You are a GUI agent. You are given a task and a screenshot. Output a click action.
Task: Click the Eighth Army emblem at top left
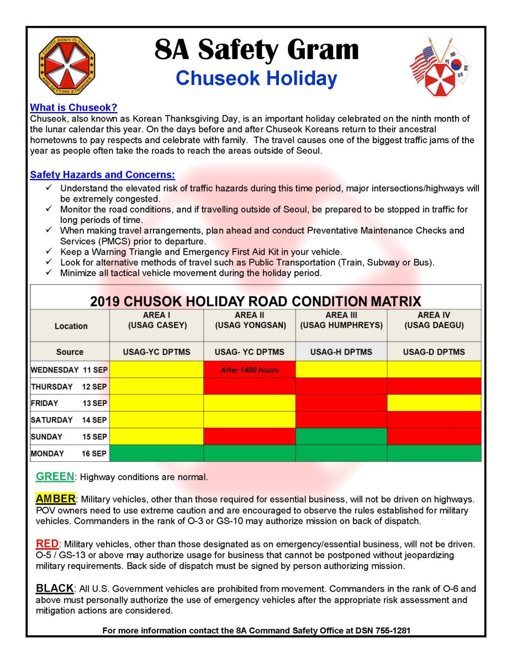[x=66, y=66]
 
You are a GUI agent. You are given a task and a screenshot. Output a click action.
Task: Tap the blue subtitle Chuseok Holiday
[x=256, y=78]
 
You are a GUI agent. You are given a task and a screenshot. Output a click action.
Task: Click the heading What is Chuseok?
[x=73, y=108]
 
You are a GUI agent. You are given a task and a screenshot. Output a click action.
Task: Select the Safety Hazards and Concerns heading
[x=102, y=175]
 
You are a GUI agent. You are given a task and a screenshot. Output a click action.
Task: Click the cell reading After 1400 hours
[x=250, y=370]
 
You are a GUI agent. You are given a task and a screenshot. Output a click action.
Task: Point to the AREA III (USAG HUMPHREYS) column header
[x=341, y=320]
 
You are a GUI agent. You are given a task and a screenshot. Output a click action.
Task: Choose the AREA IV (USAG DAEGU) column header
[x=434, y=320]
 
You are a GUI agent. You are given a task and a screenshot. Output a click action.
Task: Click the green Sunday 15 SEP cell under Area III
[x=341, y=436]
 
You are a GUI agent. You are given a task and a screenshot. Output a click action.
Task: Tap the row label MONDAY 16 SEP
[x=69, y=454]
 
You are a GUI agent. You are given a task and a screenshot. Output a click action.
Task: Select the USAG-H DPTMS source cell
[x=341, y=352]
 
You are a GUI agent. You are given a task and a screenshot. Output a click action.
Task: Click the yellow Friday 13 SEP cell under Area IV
[x=434, y=403]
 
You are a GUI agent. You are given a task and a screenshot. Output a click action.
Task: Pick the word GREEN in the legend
[x=55, y=476]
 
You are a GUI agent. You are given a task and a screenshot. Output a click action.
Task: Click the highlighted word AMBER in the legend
[x=55, y=499]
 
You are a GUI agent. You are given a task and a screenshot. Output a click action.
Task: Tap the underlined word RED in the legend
[x=47, y=544]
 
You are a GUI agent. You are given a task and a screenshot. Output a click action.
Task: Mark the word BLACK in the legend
[x=55, y=588]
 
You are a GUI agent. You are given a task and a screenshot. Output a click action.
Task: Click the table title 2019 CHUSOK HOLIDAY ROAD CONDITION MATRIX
[x=255, y=302]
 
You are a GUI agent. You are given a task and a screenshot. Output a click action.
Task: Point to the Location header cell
[x=71, y=326]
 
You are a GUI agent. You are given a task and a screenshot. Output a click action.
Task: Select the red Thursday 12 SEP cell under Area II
[x=250, y=386]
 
